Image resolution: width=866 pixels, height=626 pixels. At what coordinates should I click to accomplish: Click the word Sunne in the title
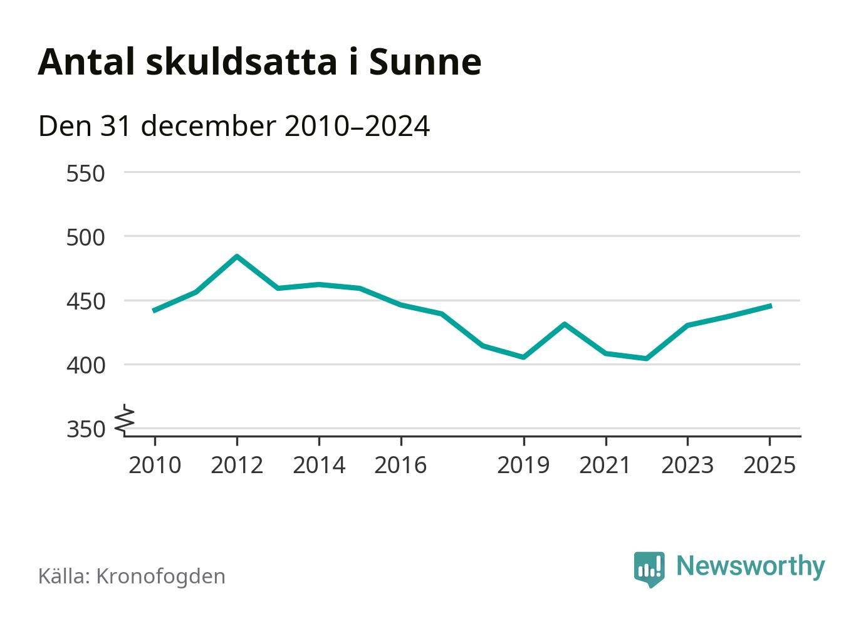point(425,61)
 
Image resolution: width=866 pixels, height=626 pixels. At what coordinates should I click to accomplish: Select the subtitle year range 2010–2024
point(357,126)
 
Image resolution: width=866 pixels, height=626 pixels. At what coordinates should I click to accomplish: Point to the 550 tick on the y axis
point(85,174)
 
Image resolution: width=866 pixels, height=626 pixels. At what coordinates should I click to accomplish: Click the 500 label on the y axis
point(85,237)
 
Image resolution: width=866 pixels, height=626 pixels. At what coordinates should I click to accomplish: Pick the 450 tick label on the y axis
point(85,302)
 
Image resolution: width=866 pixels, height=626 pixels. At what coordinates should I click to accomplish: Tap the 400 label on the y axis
point(85,365)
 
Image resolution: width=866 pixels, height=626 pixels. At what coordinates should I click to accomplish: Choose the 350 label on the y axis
point(85,430)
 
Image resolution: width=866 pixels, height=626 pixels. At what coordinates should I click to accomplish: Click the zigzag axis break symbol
point(125,420)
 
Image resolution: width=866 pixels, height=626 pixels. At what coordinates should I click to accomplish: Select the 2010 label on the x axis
point(154,465)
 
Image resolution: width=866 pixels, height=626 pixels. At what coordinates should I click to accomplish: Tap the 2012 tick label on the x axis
point(236,465)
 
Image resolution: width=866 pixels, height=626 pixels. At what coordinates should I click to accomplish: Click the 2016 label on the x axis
point(400,465)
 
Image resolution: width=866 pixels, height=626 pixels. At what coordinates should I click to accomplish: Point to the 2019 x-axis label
point(523,465)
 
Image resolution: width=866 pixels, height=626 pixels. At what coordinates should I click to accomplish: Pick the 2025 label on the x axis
point(769,465)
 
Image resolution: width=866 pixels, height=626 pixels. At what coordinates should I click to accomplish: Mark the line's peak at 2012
point(237,256)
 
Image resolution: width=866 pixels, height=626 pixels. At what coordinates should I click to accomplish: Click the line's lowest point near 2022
point(646,358)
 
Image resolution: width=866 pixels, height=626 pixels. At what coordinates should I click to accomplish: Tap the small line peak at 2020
point(565,324)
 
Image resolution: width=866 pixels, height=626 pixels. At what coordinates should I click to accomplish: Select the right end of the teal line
point(770,306)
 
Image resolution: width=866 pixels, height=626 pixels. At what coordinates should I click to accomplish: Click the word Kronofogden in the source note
point(160,576)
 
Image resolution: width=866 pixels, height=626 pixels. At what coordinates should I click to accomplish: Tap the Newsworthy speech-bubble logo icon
point(649,568)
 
